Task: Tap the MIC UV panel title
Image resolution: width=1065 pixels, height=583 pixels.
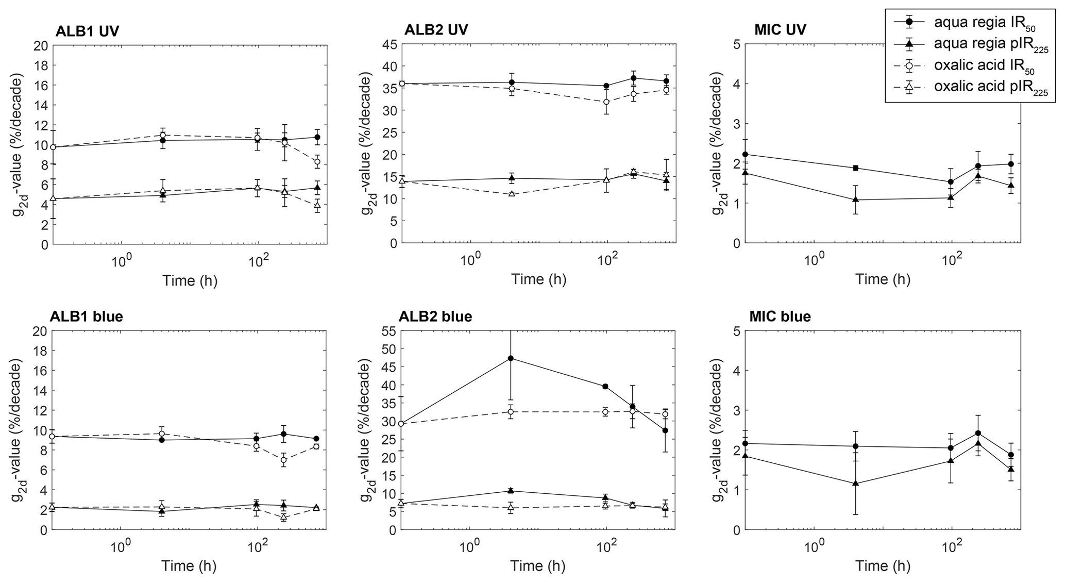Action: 781,29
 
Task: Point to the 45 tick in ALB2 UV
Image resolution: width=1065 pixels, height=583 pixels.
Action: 391,44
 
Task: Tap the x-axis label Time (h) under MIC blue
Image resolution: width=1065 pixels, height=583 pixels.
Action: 883,566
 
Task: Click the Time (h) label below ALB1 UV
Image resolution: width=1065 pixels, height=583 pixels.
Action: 190,280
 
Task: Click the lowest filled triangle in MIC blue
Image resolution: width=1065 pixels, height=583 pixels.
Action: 856,484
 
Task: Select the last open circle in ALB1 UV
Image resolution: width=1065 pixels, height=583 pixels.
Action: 317,161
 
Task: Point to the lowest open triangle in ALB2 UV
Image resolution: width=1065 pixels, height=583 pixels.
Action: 512,194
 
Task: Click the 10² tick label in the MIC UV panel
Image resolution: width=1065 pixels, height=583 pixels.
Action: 952,259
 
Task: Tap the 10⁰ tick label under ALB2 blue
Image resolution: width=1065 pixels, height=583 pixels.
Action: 470,546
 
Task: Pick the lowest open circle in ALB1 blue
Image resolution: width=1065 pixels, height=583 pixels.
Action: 283,460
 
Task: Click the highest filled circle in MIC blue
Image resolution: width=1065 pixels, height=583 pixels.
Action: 978,433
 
